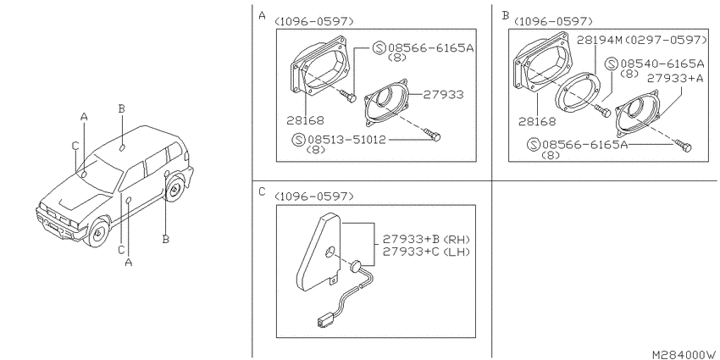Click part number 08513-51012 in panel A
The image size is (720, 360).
click(346, 140)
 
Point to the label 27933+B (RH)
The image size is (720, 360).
click(426, 239)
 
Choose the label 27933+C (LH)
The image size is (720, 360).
click(426, 252)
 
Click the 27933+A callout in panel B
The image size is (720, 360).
click(675, 79)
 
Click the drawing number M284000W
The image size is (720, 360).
click(684, 355)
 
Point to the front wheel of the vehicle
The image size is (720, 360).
click(97, 232)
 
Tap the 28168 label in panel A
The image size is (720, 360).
click(305, 121)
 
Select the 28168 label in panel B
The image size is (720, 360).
click(537, 122)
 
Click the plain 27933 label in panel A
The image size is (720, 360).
click(443, 95)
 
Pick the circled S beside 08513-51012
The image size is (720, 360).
click(299, 140)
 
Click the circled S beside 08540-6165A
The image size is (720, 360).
click(612, 64)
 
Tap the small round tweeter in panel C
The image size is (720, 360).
click(357, 266)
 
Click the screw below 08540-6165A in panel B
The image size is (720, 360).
click(602, 110)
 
